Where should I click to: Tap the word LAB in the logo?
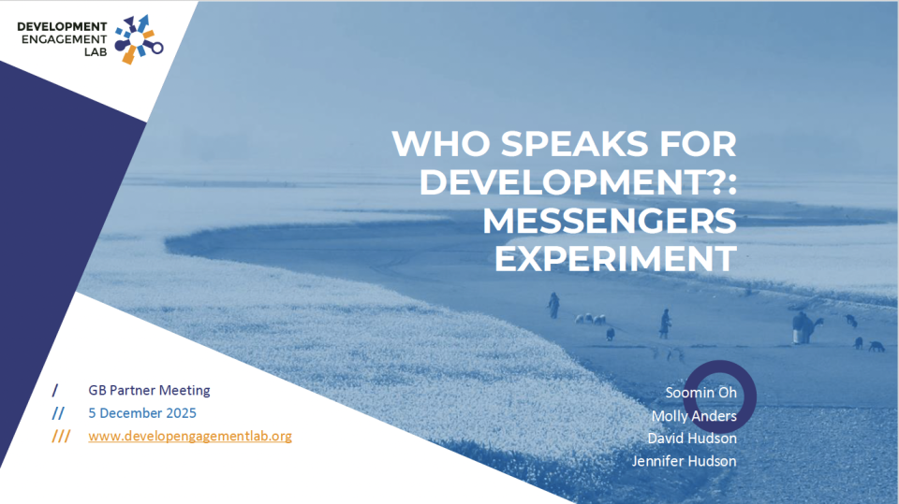(x=95, y=52)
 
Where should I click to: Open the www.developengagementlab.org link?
(x=190, y=436)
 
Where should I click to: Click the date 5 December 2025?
(x=142, y=412)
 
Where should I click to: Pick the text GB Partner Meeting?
(x=149, y=390)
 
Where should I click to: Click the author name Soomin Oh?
(x=701, y=392)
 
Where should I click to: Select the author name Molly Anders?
(x=694, y=415)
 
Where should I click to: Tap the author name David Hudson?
(x=692, y=438)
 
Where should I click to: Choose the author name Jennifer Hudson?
(x=684, y=461)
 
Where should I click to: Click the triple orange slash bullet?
(x=61, y=436)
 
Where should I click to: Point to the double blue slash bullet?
(x=58, y=412)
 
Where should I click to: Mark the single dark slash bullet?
(x=55, y=390)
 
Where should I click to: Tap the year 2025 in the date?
(x=181, y=412)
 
